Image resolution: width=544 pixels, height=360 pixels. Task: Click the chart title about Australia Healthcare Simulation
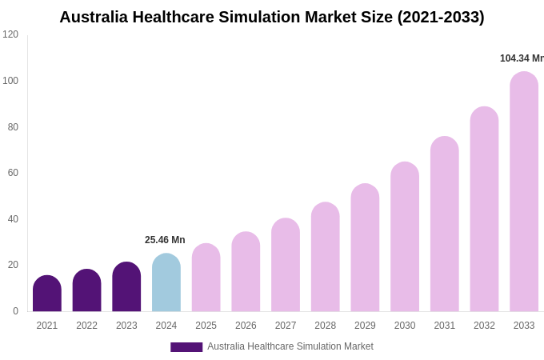(x=272, y=17)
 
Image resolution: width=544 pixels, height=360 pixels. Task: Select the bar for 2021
(x=47, y=294)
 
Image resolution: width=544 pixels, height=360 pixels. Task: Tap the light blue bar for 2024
(x=166, y=283)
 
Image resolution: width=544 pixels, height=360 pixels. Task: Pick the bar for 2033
(x=524, y=192)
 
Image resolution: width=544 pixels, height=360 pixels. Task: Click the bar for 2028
(x=326, y=257)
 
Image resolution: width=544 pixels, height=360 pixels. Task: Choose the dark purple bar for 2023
(x=126, y=287)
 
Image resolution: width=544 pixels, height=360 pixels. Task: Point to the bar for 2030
(x=405, y=237)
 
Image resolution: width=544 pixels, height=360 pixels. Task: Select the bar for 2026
(x=246, y=272)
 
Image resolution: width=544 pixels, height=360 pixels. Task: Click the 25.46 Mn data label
(x=165, y=240)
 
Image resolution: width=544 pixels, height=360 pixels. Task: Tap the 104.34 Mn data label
(x=521, y=58)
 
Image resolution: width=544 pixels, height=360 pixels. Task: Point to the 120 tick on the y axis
(x=10, y=34)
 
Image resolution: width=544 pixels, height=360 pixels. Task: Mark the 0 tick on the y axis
(x=15, y=311)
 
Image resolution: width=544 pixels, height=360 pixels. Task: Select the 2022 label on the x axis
(x=86, y=326)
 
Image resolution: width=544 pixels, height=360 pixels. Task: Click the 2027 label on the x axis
(x=286, y=326)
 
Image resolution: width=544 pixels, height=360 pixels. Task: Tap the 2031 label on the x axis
(x=445, y=326)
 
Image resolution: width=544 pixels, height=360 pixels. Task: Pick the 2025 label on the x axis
(x=206, y=326)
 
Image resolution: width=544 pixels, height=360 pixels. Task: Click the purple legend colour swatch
(x=186, y=347)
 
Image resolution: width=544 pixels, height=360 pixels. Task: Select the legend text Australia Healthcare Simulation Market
(x=290, y=346)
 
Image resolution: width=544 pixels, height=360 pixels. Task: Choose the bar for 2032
(x=484, y=210)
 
